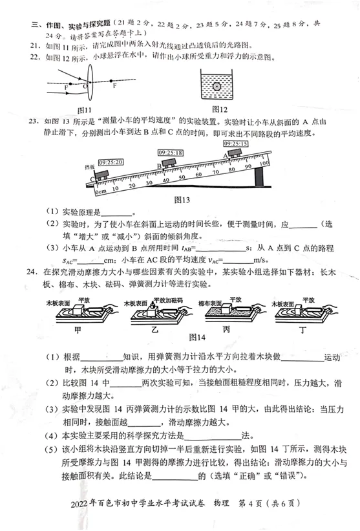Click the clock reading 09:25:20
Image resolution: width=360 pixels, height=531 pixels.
click(111, 162)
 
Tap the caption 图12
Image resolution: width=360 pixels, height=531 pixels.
click(220, 109)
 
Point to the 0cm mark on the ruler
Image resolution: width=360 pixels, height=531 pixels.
click(100, 191)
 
